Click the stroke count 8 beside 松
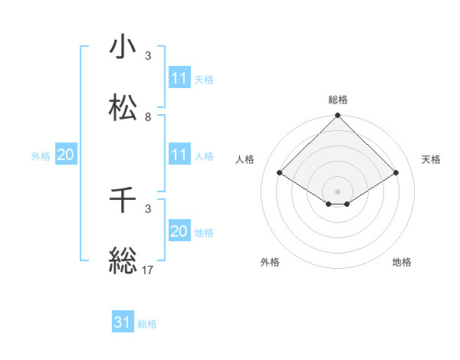(148, 117)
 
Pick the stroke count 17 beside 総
(149, 269)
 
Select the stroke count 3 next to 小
(148, 56)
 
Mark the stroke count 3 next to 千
(148, 208)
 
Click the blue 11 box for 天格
(179, 78)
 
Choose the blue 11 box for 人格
(179, 155)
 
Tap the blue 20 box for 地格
(179, 231)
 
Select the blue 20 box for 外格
(65, 155)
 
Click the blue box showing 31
(123, 322)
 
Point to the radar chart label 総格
(338, 100)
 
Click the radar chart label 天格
(431, 159)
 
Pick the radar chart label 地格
(402, 262)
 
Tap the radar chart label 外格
(270, 262)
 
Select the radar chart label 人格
(245, 159)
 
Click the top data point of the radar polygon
(338, 116)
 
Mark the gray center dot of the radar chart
(338, 191)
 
